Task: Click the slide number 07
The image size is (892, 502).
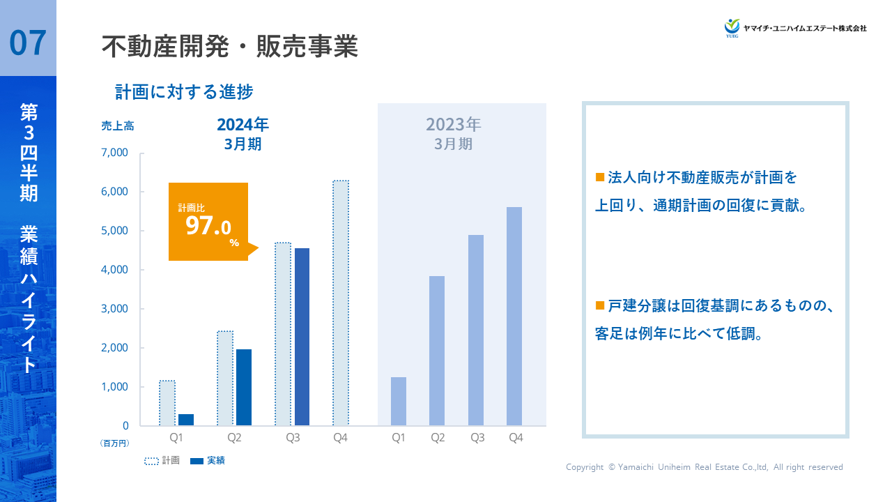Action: tap(28, 43)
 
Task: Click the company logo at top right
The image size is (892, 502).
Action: tap(795, 28)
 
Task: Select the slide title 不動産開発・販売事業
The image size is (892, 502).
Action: tap(229, 47)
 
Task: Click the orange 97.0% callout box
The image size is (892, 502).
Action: tap(208, 222)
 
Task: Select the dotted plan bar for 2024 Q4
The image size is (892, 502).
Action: tap(341, 303)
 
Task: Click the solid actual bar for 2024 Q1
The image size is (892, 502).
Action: tap(186, 420)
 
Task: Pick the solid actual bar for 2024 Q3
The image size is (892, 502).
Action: tap(302, 337)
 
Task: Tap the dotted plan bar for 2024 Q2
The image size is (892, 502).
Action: tap(225, 378)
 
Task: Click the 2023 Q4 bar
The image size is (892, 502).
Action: tap(514, 316)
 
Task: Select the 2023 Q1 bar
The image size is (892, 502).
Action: tap(399, 401)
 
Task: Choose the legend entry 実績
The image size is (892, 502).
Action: tap(208, 461)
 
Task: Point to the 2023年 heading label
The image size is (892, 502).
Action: tap(454, 125)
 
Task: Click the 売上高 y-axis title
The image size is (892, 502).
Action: tap(118, 126)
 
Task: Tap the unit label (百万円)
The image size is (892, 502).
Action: tap(115, 443)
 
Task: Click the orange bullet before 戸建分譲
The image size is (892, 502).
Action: tap(599, 305)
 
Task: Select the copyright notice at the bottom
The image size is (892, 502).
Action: tap(704, 467)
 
